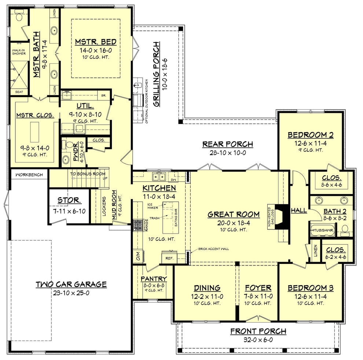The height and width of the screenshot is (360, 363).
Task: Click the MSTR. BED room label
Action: pos(96,41)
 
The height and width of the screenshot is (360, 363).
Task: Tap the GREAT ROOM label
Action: pos(233,214)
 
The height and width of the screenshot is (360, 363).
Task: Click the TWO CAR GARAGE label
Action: pos(71,284)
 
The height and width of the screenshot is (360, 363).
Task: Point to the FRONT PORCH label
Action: pos(258,331)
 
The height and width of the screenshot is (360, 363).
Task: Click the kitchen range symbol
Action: pos(138,225)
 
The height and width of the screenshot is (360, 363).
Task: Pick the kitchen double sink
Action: pos(159,177)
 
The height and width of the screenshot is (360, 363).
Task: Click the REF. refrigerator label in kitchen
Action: pos(169,258)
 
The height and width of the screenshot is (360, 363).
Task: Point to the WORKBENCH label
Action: pos(29,175)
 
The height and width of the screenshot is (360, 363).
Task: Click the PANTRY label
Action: pos(154,279)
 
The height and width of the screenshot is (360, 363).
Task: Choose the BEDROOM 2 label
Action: pos(310,135)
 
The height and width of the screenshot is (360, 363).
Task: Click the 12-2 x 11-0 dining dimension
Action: pos(207,296)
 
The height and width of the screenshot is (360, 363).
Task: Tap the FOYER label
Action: pos(258,288)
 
